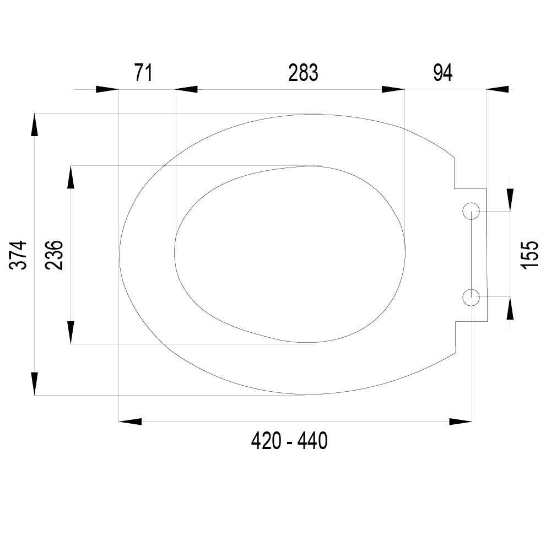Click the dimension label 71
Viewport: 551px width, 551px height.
tap(143, 73)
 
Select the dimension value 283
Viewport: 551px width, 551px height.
tap(303, 73)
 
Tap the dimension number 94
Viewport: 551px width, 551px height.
tap(443, 73)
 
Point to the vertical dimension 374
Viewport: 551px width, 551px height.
tap(18, 255)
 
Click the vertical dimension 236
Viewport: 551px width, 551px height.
tap(54, 255)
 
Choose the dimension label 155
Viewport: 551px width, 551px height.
tap(530, 255)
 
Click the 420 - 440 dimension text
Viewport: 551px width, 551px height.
tap(289, 441)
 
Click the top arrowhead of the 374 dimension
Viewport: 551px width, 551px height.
tap(34, 125)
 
